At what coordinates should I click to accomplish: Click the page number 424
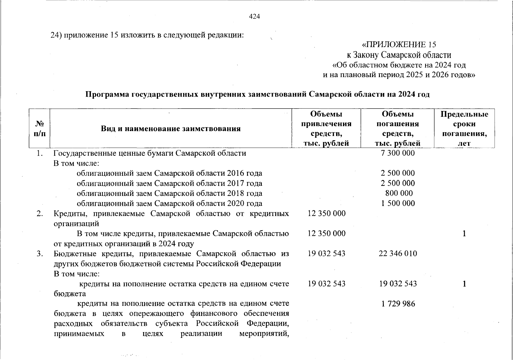pyautogui.click(x=254, y=16)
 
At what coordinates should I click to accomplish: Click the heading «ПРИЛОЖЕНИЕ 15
pyautogui.click(x=399, y=45)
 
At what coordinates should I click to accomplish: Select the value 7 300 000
pyautogui.click(x=398, y=153)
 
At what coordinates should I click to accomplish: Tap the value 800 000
pyautogui.click(x=399, y=193)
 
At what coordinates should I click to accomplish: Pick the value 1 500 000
pyautogui.click(x=398, y=203)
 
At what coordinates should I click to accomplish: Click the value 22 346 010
pyautogui.click(x=398, y=253)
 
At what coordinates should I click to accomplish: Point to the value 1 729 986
pyautogui.click(x=398, y=304)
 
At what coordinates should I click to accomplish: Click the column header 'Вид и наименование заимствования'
pyautogui.click(x=171, y=129)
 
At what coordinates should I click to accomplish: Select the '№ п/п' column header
pyautogui.click(x=40, y=128)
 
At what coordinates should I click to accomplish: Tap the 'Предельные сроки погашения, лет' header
pyautogui.click(x=464, y=128)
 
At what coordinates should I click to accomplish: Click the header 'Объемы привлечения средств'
pyautogui.click(x=326, y=128)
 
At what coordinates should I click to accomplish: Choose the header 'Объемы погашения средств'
pyautogui.click(x=398, y=128)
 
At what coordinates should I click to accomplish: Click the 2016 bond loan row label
pyautogui.click(x=169, y=173)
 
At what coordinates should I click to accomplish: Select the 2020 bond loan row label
pyautogui.click(x=169, y=203)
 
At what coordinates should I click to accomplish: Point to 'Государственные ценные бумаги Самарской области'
pyautogui.click(x=150, y=153)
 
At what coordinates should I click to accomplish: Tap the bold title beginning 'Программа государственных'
pyautogui.click(x=257, y=94)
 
